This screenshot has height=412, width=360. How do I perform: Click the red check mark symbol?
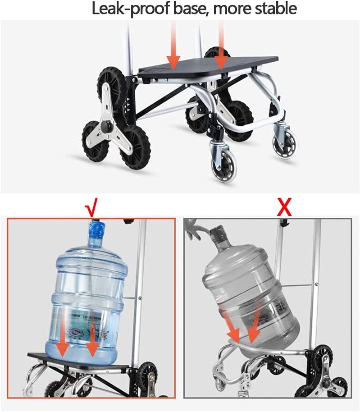point(91,208)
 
